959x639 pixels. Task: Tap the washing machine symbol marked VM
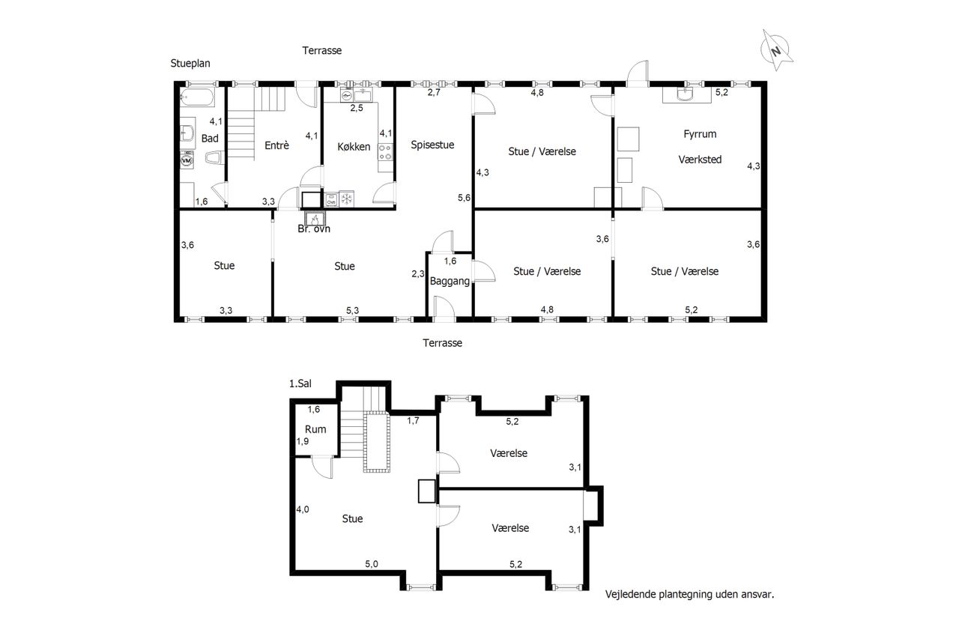pos(187,160)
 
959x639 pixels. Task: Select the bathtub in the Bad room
pos(196,97)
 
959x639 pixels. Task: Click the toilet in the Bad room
pos(214,158)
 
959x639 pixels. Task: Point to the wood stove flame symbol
pos(315,219)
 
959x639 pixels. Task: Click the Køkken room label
pos(354,147)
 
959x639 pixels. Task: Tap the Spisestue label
pos(432,145)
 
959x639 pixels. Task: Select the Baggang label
pos(450,281)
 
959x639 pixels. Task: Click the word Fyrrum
pos(700,134)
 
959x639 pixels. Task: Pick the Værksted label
pos(700,160)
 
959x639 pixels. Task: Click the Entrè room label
pos(276,145)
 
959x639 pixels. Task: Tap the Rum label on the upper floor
pos(315,429)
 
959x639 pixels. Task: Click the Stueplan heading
pos(190,64)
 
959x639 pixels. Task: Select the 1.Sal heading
pos(300,384)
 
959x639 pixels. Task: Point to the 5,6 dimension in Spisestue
pos(464,198)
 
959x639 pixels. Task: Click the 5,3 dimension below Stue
pos(352,311)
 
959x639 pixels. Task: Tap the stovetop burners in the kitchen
pos(385,152)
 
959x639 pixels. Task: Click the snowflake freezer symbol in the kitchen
pos(346,199)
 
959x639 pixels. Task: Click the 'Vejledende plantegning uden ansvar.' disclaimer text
pos(690,595)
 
